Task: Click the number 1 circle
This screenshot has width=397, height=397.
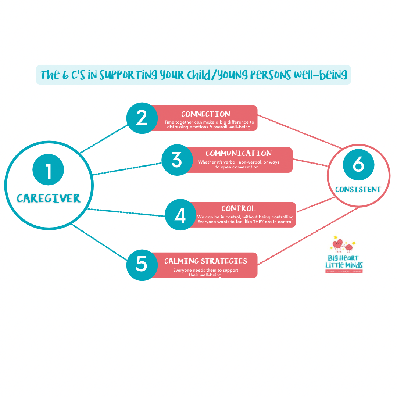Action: tap(48, 170)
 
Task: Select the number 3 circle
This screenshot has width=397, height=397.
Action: tap(177, 160)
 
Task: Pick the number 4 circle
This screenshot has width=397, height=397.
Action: tap(180, 215)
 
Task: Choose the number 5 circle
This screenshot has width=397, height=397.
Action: tap(142, 265)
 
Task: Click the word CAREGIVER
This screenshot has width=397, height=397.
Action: tap(49, 198)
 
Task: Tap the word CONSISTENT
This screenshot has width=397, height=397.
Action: tap(358, 190)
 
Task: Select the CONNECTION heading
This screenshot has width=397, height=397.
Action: tap(205, 114)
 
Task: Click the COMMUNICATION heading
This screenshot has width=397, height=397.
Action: tap(239, 153)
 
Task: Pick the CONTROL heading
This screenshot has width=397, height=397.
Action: tap(238, 209)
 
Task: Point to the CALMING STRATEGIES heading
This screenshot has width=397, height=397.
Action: tap(205, 261)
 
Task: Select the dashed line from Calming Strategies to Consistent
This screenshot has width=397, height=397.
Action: tap(309, 236)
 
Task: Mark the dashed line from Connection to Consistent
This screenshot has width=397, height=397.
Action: tap(300, 132)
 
